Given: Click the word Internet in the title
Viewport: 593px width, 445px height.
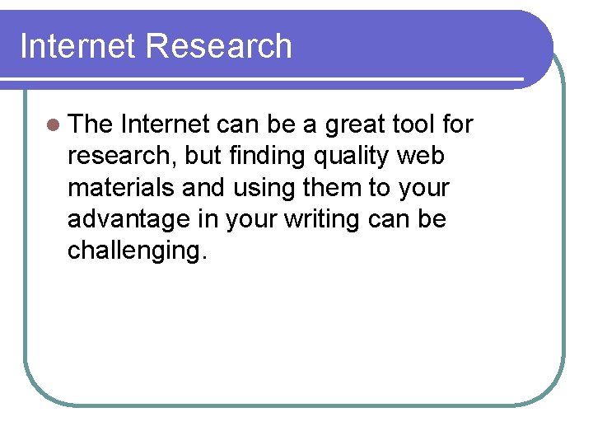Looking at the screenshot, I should [77, 46].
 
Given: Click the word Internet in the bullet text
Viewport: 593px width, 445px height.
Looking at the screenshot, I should [165, 124].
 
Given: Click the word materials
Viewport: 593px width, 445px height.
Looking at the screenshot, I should [121, 187].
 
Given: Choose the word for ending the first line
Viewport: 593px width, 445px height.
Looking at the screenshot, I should [458, 124].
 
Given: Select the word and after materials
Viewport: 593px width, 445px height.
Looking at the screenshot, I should [203, 187].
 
